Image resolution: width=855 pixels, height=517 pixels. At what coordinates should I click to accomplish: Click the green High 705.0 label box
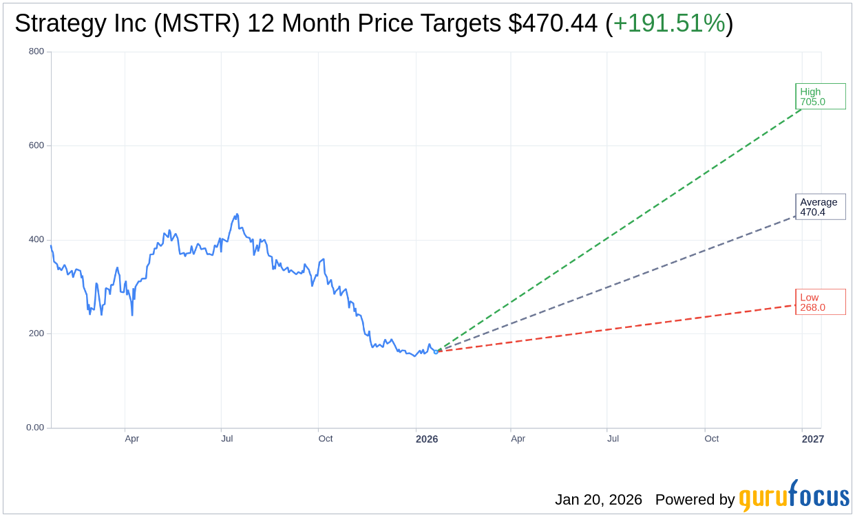pos(820,96)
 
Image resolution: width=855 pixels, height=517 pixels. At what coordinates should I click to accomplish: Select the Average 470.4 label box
pos(820,207)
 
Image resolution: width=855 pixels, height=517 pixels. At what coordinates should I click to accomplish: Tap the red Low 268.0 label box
pos(820,302)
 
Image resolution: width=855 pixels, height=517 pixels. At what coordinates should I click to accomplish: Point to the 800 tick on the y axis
pos(36,52)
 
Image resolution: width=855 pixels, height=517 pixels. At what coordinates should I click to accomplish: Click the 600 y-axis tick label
pos(36,146)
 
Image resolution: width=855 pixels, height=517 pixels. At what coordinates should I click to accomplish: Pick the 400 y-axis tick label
pos(36,240)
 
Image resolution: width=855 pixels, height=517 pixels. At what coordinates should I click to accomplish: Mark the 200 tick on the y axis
pos(36,333)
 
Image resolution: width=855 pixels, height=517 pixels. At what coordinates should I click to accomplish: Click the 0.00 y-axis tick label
pos(35,428)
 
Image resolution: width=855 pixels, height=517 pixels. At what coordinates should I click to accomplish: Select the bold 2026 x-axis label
pos(427,439)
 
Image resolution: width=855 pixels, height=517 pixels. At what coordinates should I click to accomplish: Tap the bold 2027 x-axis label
pos(812,439)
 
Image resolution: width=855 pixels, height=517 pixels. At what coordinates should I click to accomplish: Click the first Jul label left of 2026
pos(227,439)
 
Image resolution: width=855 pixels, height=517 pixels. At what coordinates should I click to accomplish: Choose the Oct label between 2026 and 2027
pos(711,439)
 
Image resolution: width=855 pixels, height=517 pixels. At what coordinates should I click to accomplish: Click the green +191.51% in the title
pos(669,24)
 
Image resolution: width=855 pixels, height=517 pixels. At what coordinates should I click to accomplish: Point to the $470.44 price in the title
pos(553,24)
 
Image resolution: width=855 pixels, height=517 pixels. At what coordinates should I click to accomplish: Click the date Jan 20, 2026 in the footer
pos(598,500)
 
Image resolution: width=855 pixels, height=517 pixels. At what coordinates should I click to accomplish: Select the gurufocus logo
pos(794,496)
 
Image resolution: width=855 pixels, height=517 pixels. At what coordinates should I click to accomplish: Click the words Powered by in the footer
pos(695,500)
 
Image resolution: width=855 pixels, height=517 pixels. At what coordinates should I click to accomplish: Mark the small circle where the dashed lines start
pos(436,351)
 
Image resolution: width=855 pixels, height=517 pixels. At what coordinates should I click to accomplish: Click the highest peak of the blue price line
pos(237,214)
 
